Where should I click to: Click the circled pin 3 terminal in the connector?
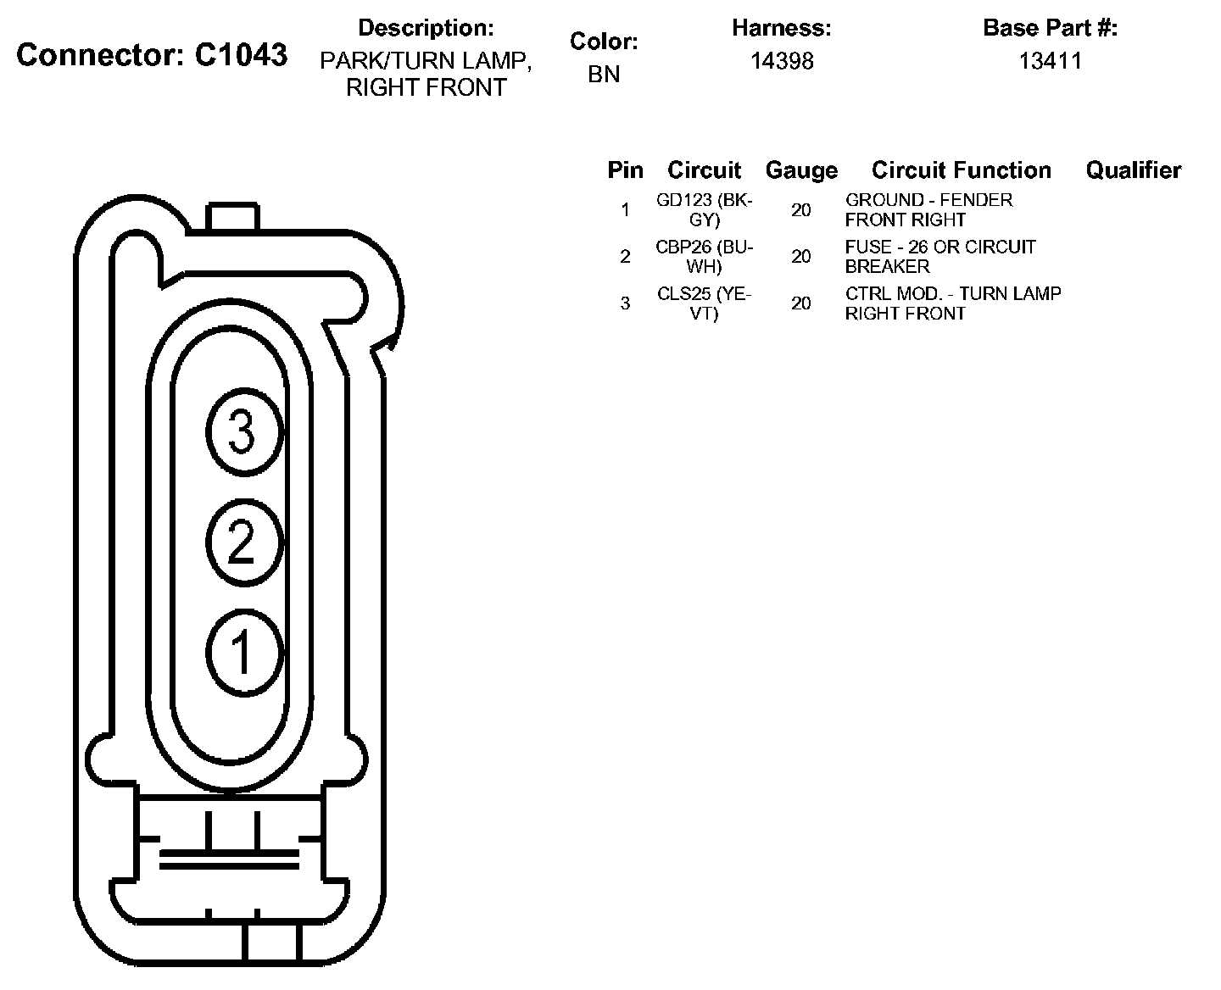coord(244,432)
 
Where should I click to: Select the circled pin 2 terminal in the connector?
coord(244,542)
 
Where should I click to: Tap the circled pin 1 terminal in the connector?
coord(244,653)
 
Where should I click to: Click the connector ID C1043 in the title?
coord(241,55)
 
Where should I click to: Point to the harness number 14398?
coord(782,61)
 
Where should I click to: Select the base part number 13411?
coord(1051,61)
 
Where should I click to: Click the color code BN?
coord(604,75)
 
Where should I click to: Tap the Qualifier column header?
coord(1134,170)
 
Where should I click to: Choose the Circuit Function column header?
coord(962,170)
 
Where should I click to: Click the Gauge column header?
coord(801,170)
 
